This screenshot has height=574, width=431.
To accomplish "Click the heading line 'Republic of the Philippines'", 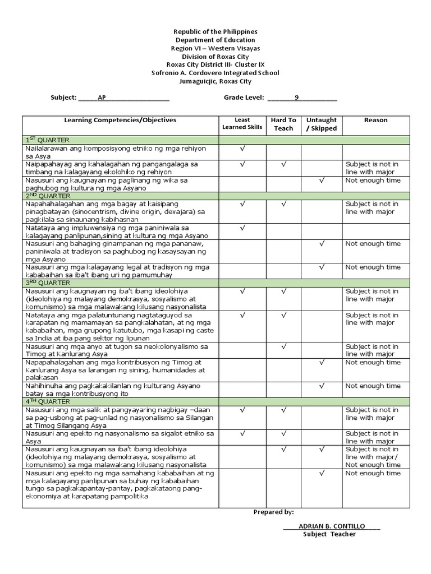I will coord(215,32).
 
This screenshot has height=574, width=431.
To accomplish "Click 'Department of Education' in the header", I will coord(215,40).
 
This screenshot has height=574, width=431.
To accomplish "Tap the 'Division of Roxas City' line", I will coord(215,57).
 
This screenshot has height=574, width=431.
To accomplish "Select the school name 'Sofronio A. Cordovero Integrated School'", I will coord(215,73).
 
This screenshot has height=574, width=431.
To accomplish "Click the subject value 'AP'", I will coord(102,98).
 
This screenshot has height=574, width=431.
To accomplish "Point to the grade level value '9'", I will coord(297,98).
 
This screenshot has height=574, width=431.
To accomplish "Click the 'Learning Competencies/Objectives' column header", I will coord(120,120).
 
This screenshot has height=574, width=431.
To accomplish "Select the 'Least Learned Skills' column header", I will coord(242,124).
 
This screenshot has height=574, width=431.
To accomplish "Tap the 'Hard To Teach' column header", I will coord(283,124).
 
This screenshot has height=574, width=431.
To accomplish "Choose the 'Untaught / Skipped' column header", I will coord(321,124).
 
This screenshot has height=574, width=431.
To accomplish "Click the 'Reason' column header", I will coord(375,120).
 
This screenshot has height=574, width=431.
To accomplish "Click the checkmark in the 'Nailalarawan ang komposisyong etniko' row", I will coord(242,149).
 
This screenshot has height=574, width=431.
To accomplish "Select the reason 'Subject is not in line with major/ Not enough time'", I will coord(373,457).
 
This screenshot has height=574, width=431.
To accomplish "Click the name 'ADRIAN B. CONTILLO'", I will coord(332,526).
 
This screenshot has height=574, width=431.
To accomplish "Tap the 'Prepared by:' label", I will coord(273,512).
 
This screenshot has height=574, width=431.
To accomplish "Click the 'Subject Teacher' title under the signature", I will coord(329,534).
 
